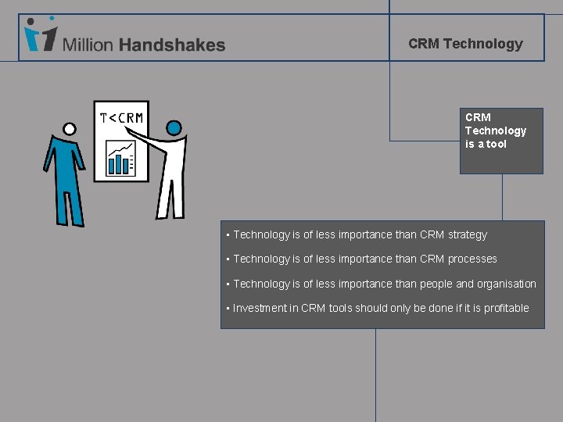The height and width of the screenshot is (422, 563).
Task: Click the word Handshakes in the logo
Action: tap(172, 45)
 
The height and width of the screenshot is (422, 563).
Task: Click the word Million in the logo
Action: tap(88, 45)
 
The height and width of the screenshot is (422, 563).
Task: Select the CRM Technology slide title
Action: tap(465, 44)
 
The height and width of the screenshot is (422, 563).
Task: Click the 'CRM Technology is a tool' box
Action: tap(500, 141)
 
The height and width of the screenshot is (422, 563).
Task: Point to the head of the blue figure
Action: tap(69, 129)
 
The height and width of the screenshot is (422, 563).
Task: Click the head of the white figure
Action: tap(174, 127)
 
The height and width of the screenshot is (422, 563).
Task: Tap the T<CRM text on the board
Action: tap(121, 118)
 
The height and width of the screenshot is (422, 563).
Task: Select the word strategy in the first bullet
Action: tap(468, 234)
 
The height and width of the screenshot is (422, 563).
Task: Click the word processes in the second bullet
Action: tap(472, 259)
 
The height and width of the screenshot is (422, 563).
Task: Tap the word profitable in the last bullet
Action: tap(506, 308)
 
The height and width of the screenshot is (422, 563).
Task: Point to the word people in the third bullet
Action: tap(436, 284)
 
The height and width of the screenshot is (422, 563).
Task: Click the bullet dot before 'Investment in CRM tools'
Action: tap(227, 309)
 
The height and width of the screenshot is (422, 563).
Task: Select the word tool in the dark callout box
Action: tap(497, 144)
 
